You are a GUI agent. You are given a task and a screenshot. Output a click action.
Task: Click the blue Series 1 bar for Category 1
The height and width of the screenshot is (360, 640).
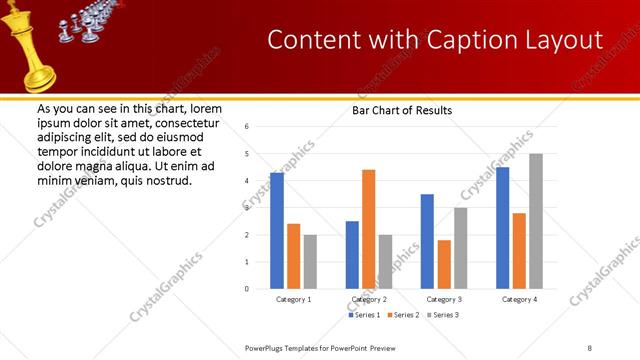tap(277, 231)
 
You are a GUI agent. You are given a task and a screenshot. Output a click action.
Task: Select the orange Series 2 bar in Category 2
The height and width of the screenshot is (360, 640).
tap(368, 229)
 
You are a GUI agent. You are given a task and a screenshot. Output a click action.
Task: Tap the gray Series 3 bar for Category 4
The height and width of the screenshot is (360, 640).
tap(536, 221)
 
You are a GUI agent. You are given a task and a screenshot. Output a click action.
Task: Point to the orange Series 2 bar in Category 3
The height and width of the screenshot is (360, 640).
tap(444, 264)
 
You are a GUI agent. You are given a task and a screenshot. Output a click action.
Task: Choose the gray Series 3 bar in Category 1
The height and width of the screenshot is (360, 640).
tap(310, 262)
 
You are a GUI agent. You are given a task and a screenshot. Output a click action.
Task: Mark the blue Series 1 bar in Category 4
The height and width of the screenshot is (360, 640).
tap(502, 228)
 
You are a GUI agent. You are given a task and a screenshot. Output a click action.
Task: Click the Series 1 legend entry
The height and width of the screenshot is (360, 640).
tap(364, 315)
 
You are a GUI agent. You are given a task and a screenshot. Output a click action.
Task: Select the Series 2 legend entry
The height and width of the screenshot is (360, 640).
tap(402, 315)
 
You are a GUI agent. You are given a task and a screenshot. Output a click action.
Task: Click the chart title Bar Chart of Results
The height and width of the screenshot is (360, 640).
tap(402, 110)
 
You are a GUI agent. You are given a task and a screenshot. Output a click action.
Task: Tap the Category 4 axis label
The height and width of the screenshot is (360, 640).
tap(518, 299)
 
